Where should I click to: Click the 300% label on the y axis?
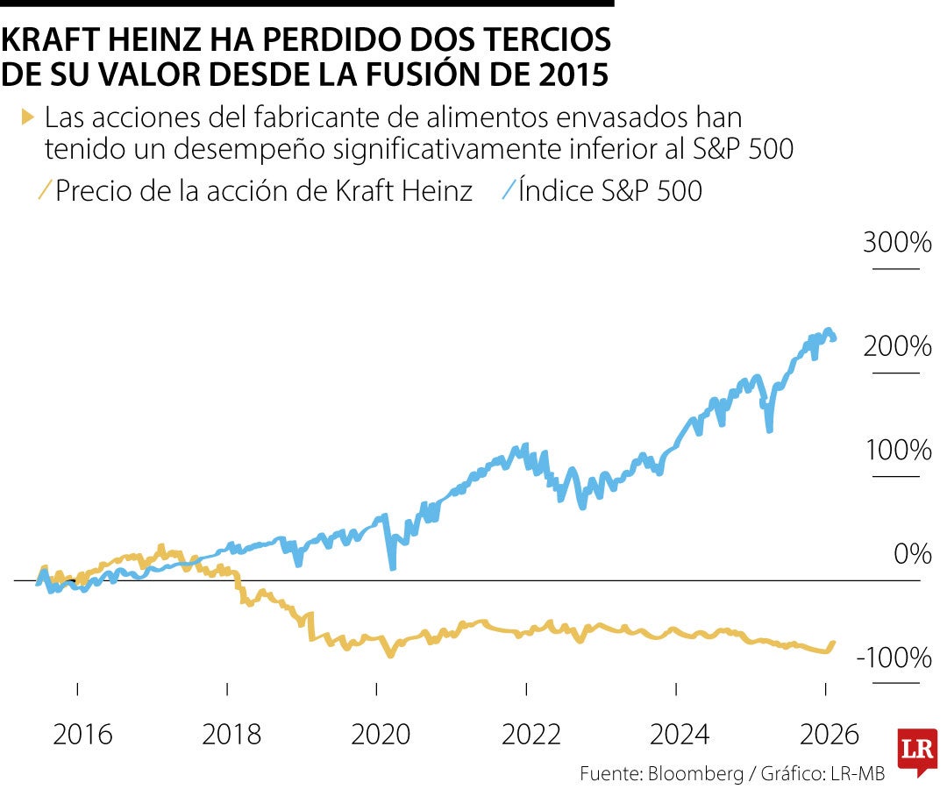point(896,243)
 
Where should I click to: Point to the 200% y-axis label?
point(896,347)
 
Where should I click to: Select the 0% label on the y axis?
point(912,554)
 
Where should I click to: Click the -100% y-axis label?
point(892,657)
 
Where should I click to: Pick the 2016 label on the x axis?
point(82,734)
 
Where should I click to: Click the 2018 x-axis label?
point(231,734)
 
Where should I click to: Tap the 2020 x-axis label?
point(381,734)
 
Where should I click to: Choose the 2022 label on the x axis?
point(530,734)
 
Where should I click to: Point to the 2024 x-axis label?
point(680,734)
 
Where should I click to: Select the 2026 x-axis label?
point(830,734)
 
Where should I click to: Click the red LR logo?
point(915,750)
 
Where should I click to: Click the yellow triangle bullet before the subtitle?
point(27,116)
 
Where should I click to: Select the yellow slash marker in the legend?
point(44,189)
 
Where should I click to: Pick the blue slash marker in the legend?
point(508,189)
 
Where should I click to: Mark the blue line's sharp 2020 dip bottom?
point(392,567)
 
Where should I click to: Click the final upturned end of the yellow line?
point(833,643)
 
